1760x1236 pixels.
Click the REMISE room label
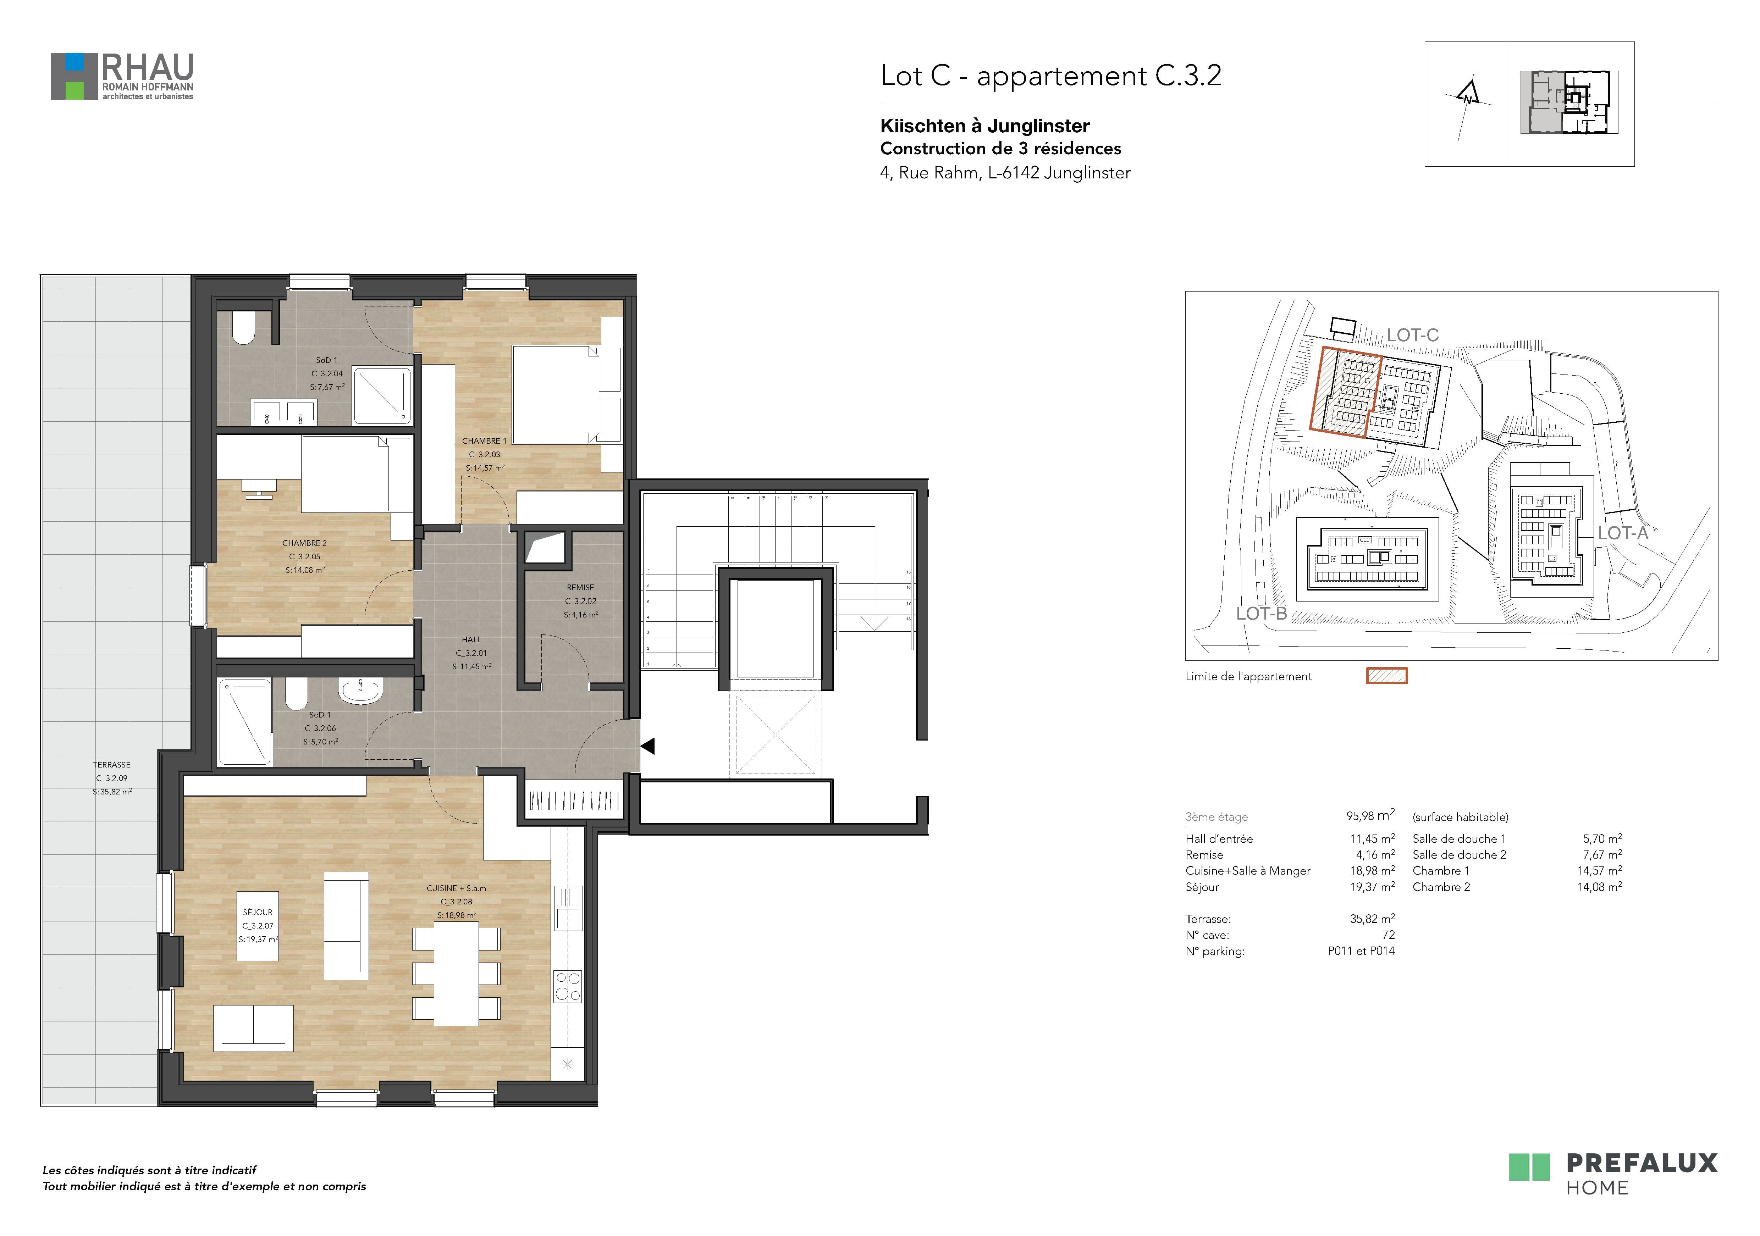[x=580, y=588]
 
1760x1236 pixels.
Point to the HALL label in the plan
[x=471, y=639]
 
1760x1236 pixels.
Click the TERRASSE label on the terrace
[x=112, y=765]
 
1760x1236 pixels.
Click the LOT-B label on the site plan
[x=1261, y=614]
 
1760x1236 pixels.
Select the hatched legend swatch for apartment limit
[x=1387, y=676]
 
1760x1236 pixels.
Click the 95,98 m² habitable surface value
[x=1370, y=816]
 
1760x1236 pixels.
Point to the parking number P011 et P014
[x=1361, y=951]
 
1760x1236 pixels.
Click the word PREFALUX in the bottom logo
[x=1641, y=1163]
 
